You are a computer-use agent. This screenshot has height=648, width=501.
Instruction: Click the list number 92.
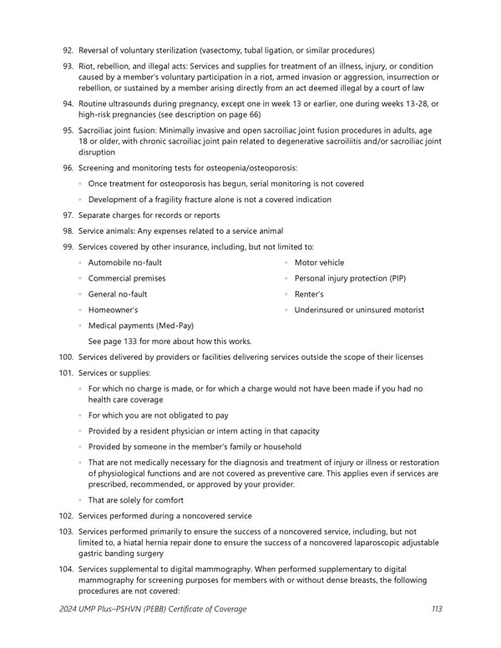pyautogui.click(x=67, y=51)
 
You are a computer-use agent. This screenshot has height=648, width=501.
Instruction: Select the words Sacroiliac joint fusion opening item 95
pyautogui.click(x=123, y=130)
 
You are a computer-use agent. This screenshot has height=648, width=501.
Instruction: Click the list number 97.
pyautogui.click(x=67, y=215)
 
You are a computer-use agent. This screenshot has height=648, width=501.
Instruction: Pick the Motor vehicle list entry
pyautogui.click(x=319, y=263)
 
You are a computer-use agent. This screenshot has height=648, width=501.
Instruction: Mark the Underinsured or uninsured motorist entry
pyautogui.click(x=359, y=310)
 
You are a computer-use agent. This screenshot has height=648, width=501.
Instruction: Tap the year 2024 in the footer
pyautogui.click(x=69, y=609)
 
